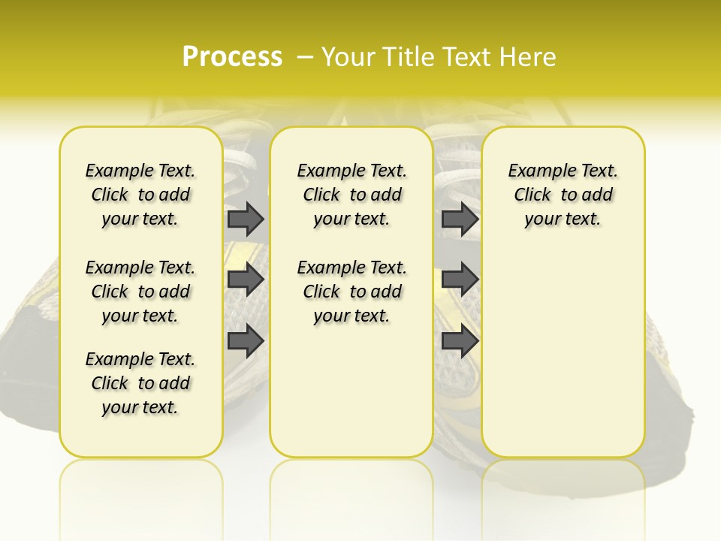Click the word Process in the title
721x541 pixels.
(232, 57)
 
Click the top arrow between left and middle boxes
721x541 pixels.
(246, 219)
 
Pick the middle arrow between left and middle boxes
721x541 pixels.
(246, 280)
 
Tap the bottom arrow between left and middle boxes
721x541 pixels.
(246, 340)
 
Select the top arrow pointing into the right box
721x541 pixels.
(460, 219)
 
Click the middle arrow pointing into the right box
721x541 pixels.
(460, 280)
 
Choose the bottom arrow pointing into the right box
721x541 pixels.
(460, 340)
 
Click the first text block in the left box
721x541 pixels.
(140, 195)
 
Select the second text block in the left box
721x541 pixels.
(140, 292)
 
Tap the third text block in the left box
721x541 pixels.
(140, 383)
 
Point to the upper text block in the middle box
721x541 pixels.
(351, 195)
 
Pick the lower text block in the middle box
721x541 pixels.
(351, 292)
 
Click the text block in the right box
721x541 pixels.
(563, 195)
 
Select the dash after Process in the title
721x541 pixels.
(304, 57)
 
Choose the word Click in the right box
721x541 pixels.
(532, 195)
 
